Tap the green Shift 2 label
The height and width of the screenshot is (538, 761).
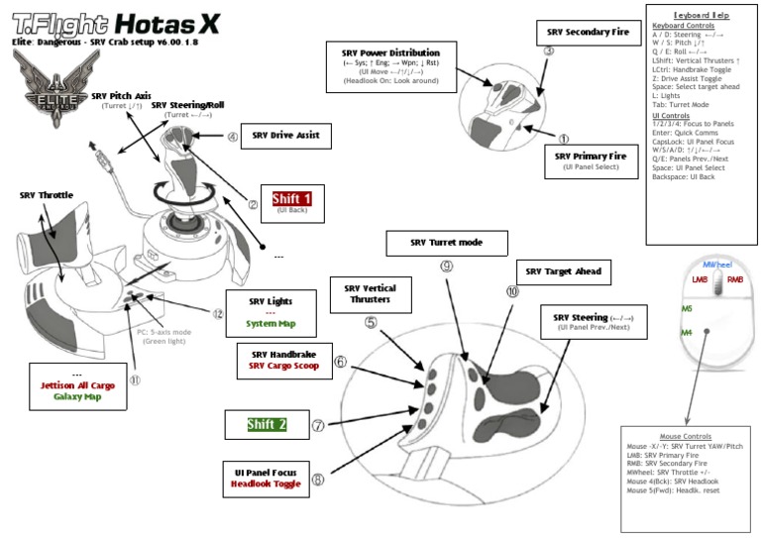point(267,424)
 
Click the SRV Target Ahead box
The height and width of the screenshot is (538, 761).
point(562,270)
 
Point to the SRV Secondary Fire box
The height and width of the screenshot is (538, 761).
point(588,33)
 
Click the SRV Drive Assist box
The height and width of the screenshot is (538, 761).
point(285,134)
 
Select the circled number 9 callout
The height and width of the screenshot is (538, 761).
point(446,266)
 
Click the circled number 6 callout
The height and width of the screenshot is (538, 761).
point(341,362)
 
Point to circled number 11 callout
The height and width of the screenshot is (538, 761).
point(135,377)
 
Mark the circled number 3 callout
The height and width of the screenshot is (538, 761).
point(549,51)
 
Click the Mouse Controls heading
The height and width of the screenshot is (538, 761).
point(685,436)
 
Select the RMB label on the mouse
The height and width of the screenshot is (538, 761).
point(734,280)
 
